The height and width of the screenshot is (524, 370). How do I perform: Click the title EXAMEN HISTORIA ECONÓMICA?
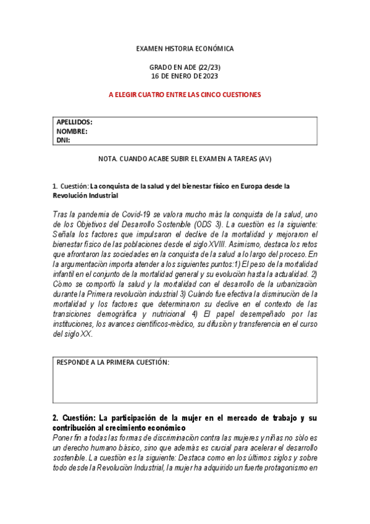coord(185,48)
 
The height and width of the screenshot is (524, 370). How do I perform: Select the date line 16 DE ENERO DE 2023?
coord(185,76)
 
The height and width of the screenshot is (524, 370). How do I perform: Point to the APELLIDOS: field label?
coord(74,122)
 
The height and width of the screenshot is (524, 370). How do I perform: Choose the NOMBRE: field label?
coord(72,131)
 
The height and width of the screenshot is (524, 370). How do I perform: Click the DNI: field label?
coord(63,140)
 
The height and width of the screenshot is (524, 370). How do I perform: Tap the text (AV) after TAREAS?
coord(265,159)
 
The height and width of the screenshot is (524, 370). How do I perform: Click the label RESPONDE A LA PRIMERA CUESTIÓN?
coord(113,363)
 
